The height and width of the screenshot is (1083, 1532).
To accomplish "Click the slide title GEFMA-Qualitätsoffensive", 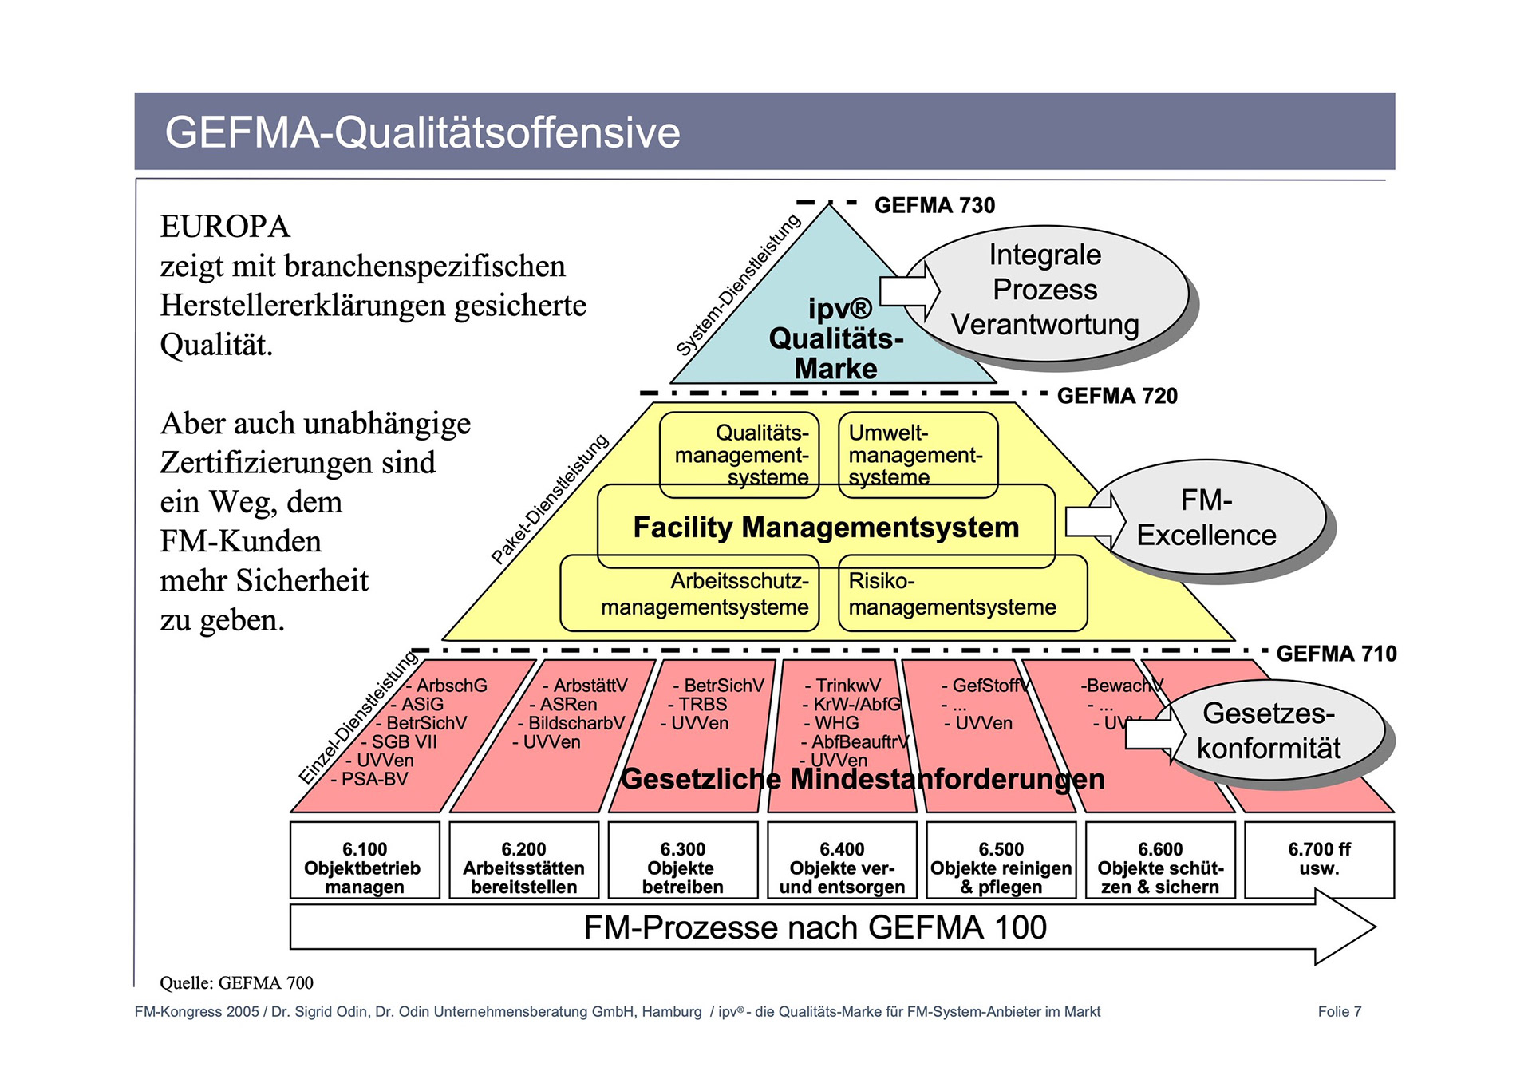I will pos(422,132).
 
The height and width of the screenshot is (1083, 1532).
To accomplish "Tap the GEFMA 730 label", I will pos(934,205).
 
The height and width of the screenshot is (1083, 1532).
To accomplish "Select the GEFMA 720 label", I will pos(1116,396).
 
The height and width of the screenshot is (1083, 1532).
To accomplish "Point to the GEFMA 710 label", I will pos(1337,654).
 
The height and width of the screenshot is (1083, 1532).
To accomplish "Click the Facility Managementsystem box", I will pos(826,528).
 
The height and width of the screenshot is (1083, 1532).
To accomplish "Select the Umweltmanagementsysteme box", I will pos(918,455).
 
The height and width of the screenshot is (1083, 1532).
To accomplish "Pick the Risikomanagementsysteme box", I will pos(962,595).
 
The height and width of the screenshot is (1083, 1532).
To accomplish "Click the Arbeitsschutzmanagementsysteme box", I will pos(691,595).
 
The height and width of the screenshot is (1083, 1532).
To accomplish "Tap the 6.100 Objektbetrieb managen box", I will pos(365,868).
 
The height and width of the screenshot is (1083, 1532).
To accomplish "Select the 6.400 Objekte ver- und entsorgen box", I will pos(842,868).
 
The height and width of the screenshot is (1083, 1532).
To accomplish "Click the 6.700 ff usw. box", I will pos(1319,859).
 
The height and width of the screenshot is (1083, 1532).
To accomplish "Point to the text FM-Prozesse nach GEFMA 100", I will pos(815,927).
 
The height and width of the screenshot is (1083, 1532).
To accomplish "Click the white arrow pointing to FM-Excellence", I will pos(1093,521).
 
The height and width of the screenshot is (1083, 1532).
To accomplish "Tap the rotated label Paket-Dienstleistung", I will pos(550,500).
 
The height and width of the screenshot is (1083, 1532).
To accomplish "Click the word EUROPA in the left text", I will pos(225,227).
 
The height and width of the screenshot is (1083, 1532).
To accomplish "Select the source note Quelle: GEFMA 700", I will pos(236,982).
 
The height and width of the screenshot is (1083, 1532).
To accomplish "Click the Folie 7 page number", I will pos(1339,1012).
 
